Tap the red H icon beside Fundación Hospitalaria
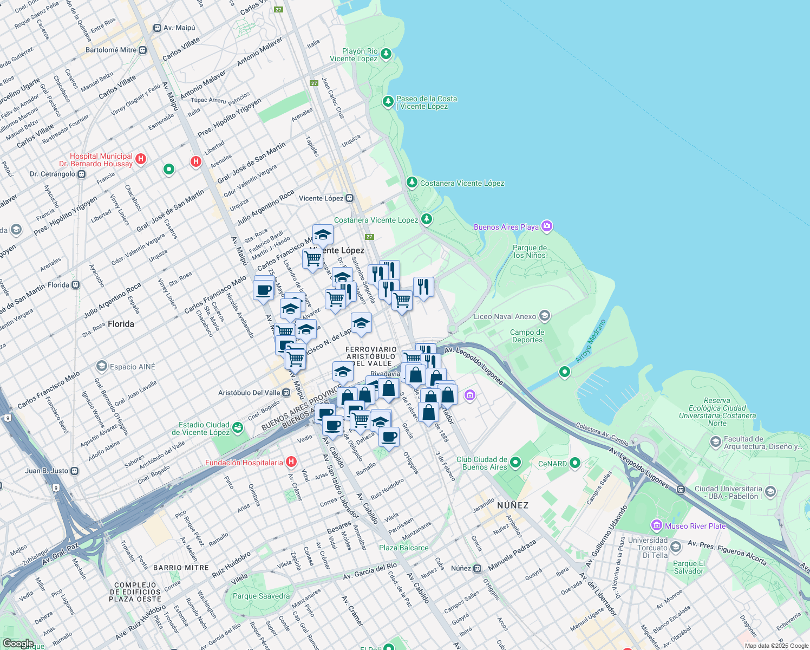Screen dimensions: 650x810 291,462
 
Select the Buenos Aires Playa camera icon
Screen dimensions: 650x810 547,226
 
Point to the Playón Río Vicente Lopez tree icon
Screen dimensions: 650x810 386,54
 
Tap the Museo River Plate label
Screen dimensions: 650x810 695,526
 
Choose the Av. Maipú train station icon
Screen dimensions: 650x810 157,28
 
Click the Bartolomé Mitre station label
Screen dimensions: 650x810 111,50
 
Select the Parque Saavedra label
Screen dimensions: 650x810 261,596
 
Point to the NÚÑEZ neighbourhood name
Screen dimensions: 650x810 513,505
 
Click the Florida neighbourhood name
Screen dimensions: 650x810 121,324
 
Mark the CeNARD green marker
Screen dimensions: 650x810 575,463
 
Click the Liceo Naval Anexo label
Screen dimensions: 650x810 505,316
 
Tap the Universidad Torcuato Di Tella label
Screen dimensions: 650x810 648,548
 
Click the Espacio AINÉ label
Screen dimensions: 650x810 132,367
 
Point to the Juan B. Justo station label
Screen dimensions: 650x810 47,471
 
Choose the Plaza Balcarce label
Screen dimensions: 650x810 403,548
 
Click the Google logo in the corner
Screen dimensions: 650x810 18,643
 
